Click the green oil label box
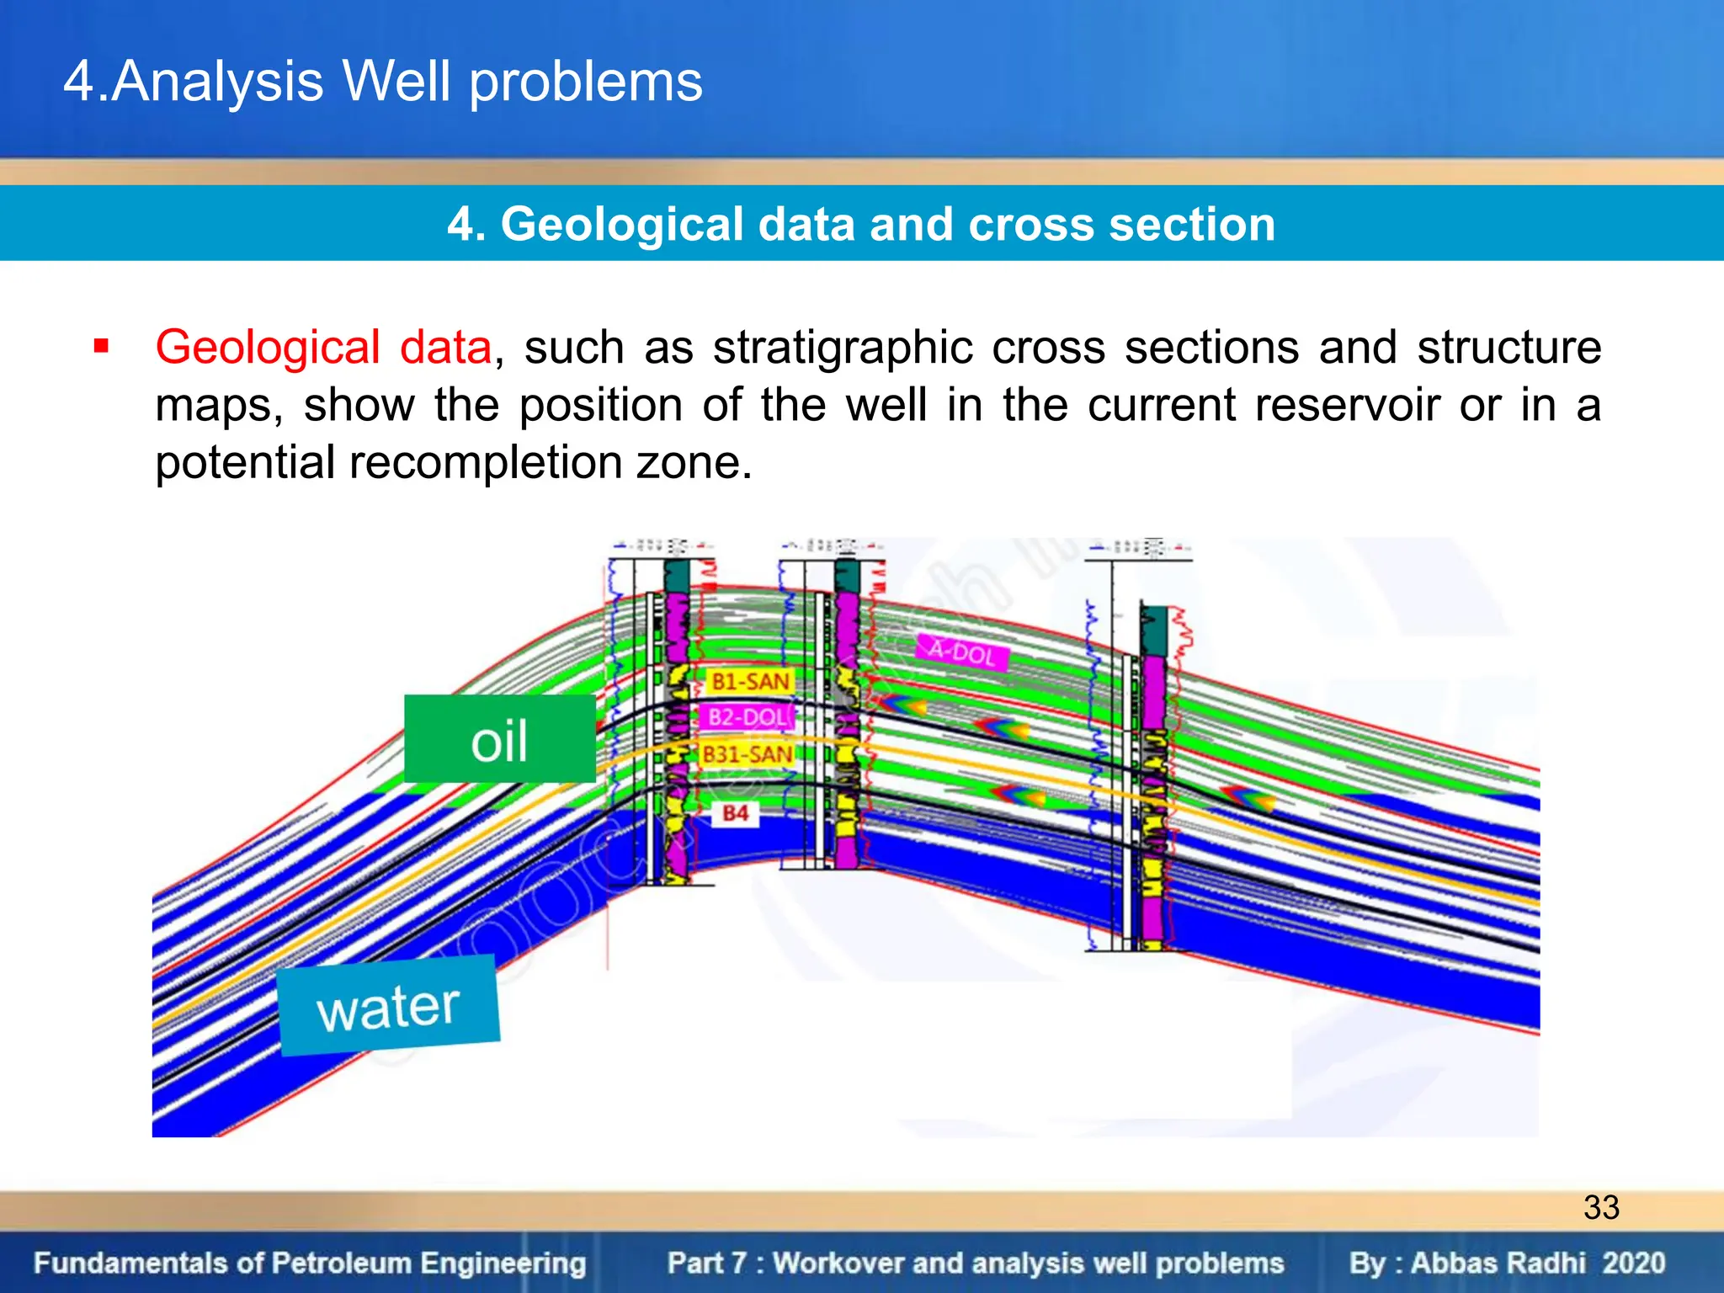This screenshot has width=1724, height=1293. pyautogui.click(x=499, y=739)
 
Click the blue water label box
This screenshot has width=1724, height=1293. pyautogui.click(x=389, y=1006)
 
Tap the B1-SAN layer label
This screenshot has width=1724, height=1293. pyautogui.click(x=749, y=681)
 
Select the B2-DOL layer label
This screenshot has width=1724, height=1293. pyautogui.click(x=747, y=717)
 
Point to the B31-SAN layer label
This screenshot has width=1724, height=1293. pyautogui.click(x=747, y=754)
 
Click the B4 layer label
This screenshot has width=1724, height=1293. pyautogui.click(x=735, y=813)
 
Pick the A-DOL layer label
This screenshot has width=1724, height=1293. pyautogui.click(x=961, y=651)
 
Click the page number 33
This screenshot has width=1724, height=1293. pyautogui.click(x=1600, y=1207)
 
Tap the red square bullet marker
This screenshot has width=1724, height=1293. pyautogui.click(x=102, y=347)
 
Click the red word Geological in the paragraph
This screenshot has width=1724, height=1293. pyautogui.click(x=267, y=347)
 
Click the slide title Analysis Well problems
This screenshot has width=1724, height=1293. pyautogui.click(x=383, y=82)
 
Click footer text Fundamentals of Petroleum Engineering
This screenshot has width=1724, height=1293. pyautogui.click(x=310, y=1263)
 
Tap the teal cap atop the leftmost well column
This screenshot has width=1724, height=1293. pyautogui.click(x=677, y=576)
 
